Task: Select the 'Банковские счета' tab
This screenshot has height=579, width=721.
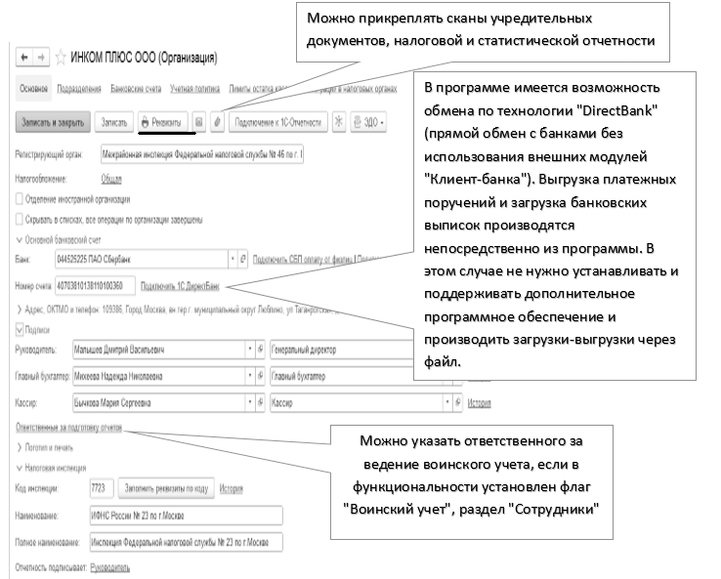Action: tap(135, 88)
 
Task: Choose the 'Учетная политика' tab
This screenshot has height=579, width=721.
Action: tap(193, 88)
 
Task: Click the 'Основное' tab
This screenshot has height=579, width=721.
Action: tap(33, 88)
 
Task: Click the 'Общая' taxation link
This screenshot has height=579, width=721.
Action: tap(111, 180)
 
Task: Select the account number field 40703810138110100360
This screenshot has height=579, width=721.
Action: tap(104, 287)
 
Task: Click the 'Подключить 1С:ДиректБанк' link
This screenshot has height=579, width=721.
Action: tap(181, 287)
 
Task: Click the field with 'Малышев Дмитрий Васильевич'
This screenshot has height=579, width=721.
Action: tap(156, 349)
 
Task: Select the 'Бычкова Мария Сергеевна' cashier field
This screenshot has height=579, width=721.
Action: tap(156, 401)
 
